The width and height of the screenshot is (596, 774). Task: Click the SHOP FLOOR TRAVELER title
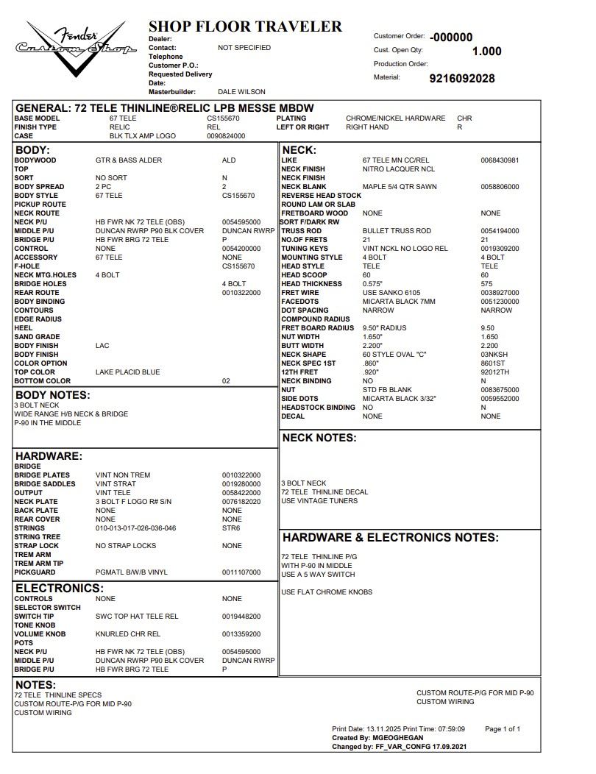coord(245,27)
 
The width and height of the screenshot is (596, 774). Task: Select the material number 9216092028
coord(461,79)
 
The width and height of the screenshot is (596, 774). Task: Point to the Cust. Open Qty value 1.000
coord(486,52)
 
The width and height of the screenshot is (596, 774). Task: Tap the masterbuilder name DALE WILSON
coord(241,92)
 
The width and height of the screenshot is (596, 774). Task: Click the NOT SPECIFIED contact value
coord(244,48)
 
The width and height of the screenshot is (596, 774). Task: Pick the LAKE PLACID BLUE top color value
coord(127,372)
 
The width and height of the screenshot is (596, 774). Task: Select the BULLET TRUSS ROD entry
coord(397,231)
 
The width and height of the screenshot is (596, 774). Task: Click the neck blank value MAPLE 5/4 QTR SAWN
coord(400,187)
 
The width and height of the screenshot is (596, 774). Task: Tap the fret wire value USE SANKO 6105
coord(391,293)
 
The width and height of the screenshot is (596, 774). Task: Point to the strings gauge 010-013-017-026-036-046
coord(136,528)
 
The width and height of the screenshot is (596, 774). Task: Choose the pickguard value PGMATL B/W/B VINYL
coord(132,572)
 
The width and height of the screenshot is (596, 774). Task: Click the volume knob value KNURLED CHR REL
coord(128,634)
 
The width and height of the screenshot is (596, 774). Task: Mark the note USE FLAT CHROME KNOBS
coord(327,592)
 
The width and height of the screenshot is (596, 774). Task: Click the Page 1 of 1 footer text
coord(503,729)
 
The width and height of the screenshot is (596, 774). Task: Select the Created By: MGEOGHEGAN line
coord(378,738)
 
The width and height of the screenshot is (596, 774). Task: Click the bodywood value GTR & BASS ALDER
coord(129,160)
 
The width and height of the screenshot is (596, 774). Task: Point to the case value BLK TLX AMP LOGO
coord(140,136)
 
